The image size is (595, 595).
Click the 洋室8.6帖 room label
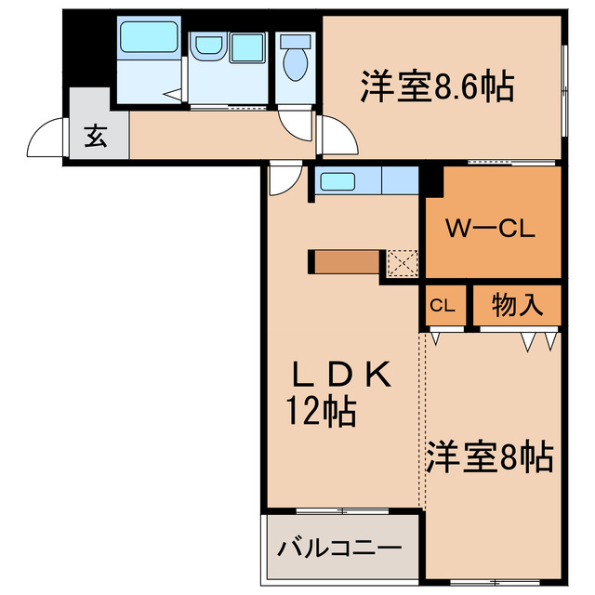(x=436, y=88)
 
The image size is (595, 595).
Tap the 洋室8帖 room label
(x=490, y=457)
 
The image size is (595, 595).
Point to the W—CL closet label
(x=490, y=230)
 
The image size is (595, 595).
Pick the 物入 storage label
(x=516, y=305)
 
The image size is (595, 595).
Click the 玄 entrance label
(x=95, y=137)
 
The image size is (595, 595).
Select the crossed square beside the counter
(x=403, y=263)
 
